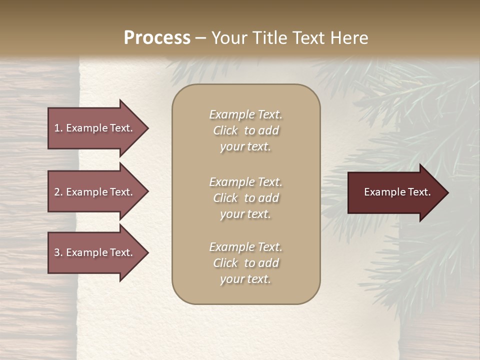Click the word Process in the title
[157, 38]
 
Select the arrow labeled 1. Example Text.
[95, 128]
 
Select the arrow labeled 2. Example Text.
[95, 192]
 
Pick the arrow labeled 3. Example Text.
[95, 252]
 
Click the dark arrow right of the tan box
[395, 192]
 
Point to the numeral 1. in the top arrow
[58, 128]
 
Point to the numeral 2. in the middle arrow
[58, 192]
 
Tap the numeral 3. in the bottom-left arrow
[58, 252]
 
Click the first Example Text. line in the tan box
[245, 114]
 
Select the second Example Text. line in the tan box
[245, 182]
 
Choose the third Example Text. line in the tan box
[245, 247]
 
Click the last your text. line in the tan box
[245, 279]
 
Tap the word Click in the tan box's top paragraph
[225, 130]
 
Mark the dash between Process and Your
[200, 38]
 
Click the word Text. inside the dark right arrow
[418, 192]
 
